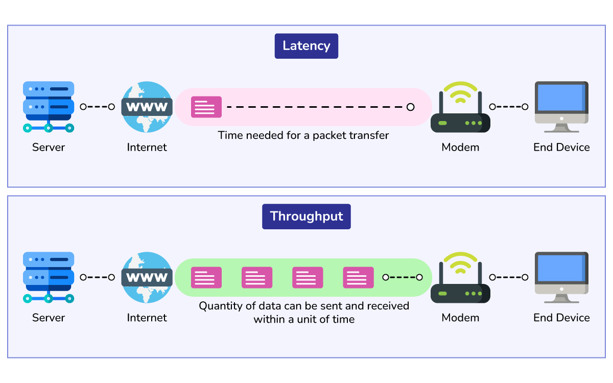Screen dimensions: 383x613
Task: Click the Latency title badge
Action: tap(306, 46)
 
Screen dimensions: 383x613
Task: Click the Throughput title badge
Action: tap(306, 216)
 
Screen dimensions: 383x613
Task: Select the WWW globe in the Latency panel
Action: tap(147, 107)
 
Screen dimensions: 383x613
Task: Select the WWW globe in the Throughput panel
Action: tap(147, 277)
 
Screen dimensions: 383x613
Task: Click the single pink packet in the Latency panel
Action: tap(206, 107)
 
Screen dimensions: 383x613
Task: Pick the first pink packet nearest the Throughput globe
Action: tap(206, 277)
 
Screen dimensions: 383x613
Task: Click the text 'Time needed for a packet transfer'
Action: tap(303, 135)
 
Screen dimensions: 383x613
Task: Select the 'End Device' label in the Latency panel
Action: tap(561, 147)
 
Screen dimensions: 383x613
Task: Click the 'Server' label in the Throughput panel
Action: tap(49, 318)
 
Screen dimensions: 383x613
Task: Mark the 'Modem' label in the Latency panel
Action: tap(460, 147)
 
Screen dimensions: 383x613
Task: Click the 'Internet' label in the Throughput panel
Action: tap(147, 318)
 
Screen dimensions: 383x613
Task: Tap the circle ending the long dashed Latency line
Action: tap(410, 107)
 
